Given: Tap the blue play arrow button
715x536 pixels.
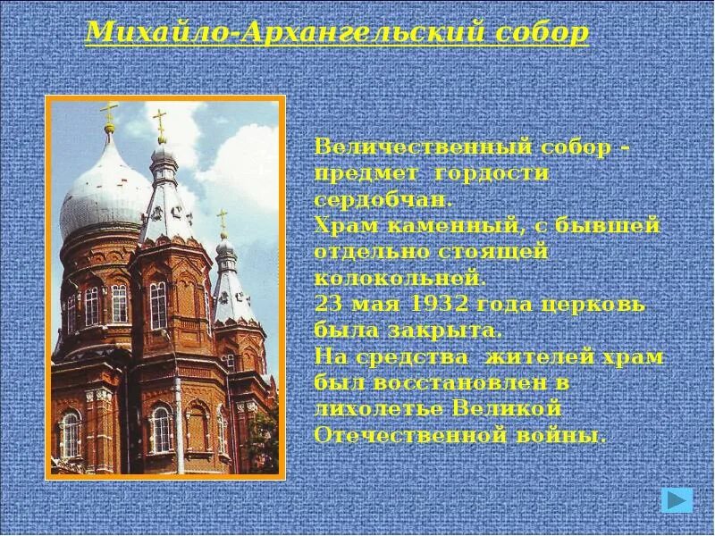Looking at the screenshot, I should (x=677, y=499).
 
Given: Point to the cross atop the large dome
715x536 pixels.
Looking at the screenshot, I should (x=110, y=114).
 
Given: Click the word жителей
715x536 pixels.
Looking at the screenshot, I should (x=531, y=357).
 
